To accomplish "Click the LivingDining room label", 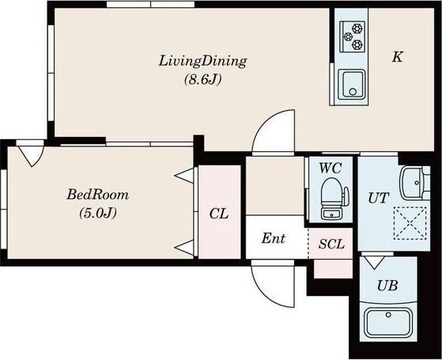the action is point(202,61).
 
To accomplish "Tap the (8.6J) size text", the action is point(202,80).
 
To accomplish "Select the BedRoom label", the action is point(97,195).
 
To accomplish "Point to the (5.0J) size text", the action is point(98,214).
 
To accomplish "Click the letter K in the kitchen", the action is point(398,57).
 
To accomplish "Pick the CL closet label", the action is point(219,214).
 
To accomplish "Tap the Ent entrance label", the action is point(273,239).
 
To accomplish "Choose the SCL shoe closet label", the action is point(331,244).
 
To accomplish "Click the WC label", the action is point(330,169).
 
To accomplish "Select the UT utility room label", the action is point(379,198).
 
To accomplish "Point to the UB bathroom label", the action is point(387,286).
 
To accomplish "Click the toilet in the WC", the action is point(334,199).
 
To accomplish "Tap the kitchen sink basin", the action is point(352,85).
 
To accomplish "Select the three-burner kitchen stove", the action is point(353,36).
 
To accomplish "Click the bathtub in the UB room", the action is point(388,323).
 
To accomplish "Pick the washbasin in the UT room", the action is point(414,183).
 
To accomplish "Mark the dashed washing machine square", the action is point(410,223).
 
